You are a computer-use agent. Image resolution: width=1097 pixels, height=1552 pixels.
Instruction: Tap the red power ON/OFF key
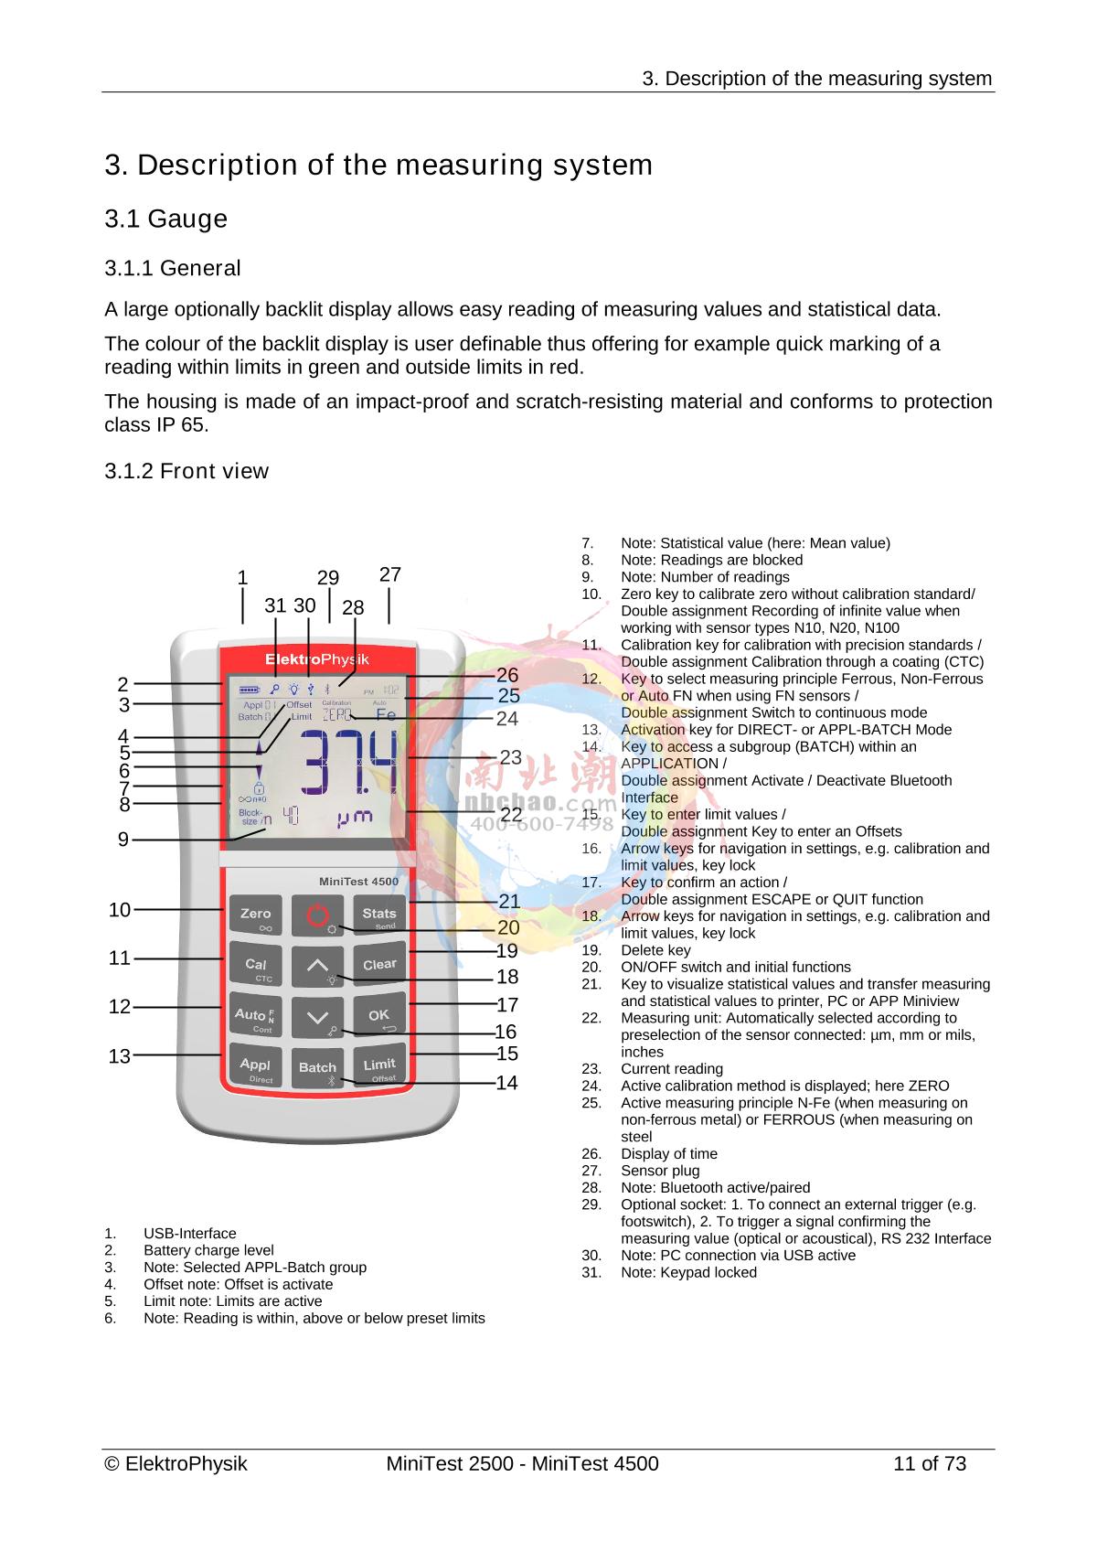pyautogui.click(x=316, y=915)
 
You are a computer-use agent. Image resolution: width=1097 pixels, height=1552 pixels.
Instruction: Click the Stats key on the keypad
pyautogui.click(x=378, y=915)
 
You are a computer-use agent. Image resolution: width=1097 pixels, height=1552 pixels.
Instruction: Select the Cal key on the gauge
pyautogui.click(x=256, y=966)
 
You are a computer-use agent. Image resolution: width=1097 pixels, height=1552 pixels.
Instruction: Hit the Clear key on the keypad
pyautogui.click(x=379, y=965)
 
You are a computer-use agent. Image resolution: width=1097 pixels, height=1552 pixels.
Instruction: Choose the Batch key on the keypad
pyautogui.click(x=317, y=1067)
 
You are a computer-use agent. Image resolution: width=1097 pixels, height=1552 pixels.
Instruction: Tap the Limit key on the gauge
pyautogui.click(x=379, y=1065)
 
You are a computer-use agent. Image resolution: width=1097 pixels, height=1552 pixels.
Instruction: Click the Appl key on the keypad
pyautogui.click(x=256, y=1065)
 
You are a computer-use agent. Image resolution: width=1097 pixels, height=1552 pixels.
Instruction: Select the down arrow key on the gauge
pyautogui.click(x=317, y=1016)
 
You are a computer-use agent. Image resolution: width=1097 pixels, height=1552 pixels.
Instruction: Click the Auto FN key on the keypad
pyautogui.click(x=255, y=1015)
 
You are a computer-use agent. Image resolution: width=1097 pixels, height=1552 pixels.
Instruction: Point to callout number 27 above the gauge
pyautogui.click(x=390, y=575)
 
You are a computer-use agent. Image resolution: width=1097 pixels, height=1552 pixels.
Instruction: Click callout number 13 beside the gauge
pyautogui.click(x=120, y=1056)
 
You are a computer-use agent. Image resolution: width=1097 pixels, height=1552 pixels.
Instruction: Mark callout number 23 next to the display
pyautogui.click(x=510, y=758)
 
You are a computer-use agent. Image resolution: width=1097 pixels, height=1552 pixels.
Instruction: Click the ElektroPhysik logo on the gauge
pyautogui.click(x=316, y=659)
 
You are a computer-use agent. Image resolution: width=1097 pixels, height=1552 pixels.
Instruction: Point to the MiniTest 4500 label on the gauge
pyautogui.click(x=357, y=882)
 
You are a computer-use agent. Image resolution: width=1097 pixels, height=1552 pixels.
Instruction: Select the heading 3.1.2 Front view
pyautogui.click(x=186, y=471)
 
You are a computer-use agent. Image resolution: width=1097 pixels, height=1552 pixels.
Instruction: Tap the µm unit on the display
pyautogui.click(x=355, y=817)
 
